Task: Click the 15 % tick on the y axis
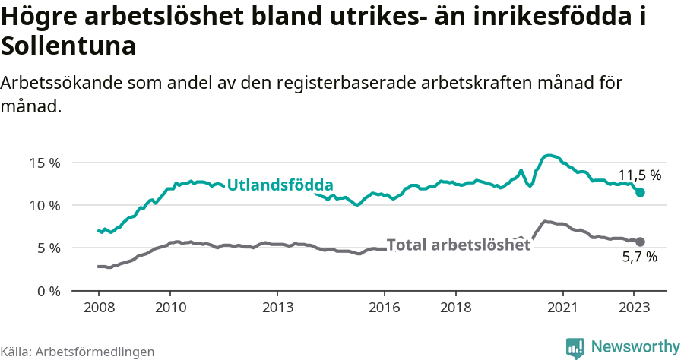45,163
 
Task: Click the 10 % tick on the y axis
45,205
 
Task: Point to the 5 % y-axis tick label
48,248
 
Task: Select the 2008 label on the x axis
99,308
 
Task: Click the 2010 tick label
170,308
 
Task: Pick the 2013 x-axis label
277,308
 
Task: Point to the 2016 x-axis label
385,308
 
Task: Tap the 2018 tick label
455,308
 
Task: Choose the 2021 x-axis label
562,308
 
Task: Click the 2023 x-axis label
634,308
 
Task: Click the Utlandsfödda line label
280,185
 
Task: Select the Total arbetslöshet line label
458,245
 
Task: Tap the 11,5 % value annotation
639,175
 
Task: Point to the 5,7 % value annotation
639,257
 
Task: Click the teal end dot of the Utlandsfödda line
640,193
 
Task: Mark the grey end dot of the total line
640,242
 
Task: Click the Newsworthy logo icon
575,347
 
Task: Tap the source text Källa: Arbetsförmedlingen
78,352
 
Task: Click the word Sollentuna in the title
68,46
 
